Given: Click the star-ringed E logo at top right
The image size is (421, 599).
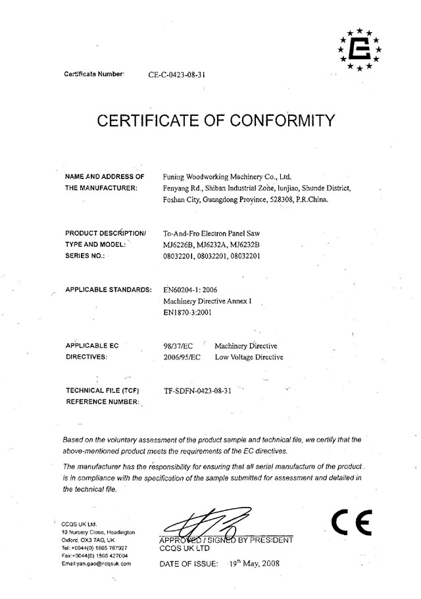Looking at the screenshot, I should (360, 49).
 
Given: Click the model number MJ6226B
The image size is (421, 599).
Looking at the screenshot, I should (178, 245).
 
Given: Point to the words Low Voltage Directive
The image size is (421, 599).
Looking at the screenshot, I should (249, 357).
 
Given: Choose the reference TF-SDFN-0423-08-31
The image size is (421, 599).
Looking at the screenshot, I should (197, 390).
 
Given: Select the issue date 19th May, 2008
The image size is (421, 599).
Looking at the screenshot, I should (250, 564).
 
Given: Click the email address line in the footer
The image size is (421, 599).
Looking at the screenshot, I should (96, 563).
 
